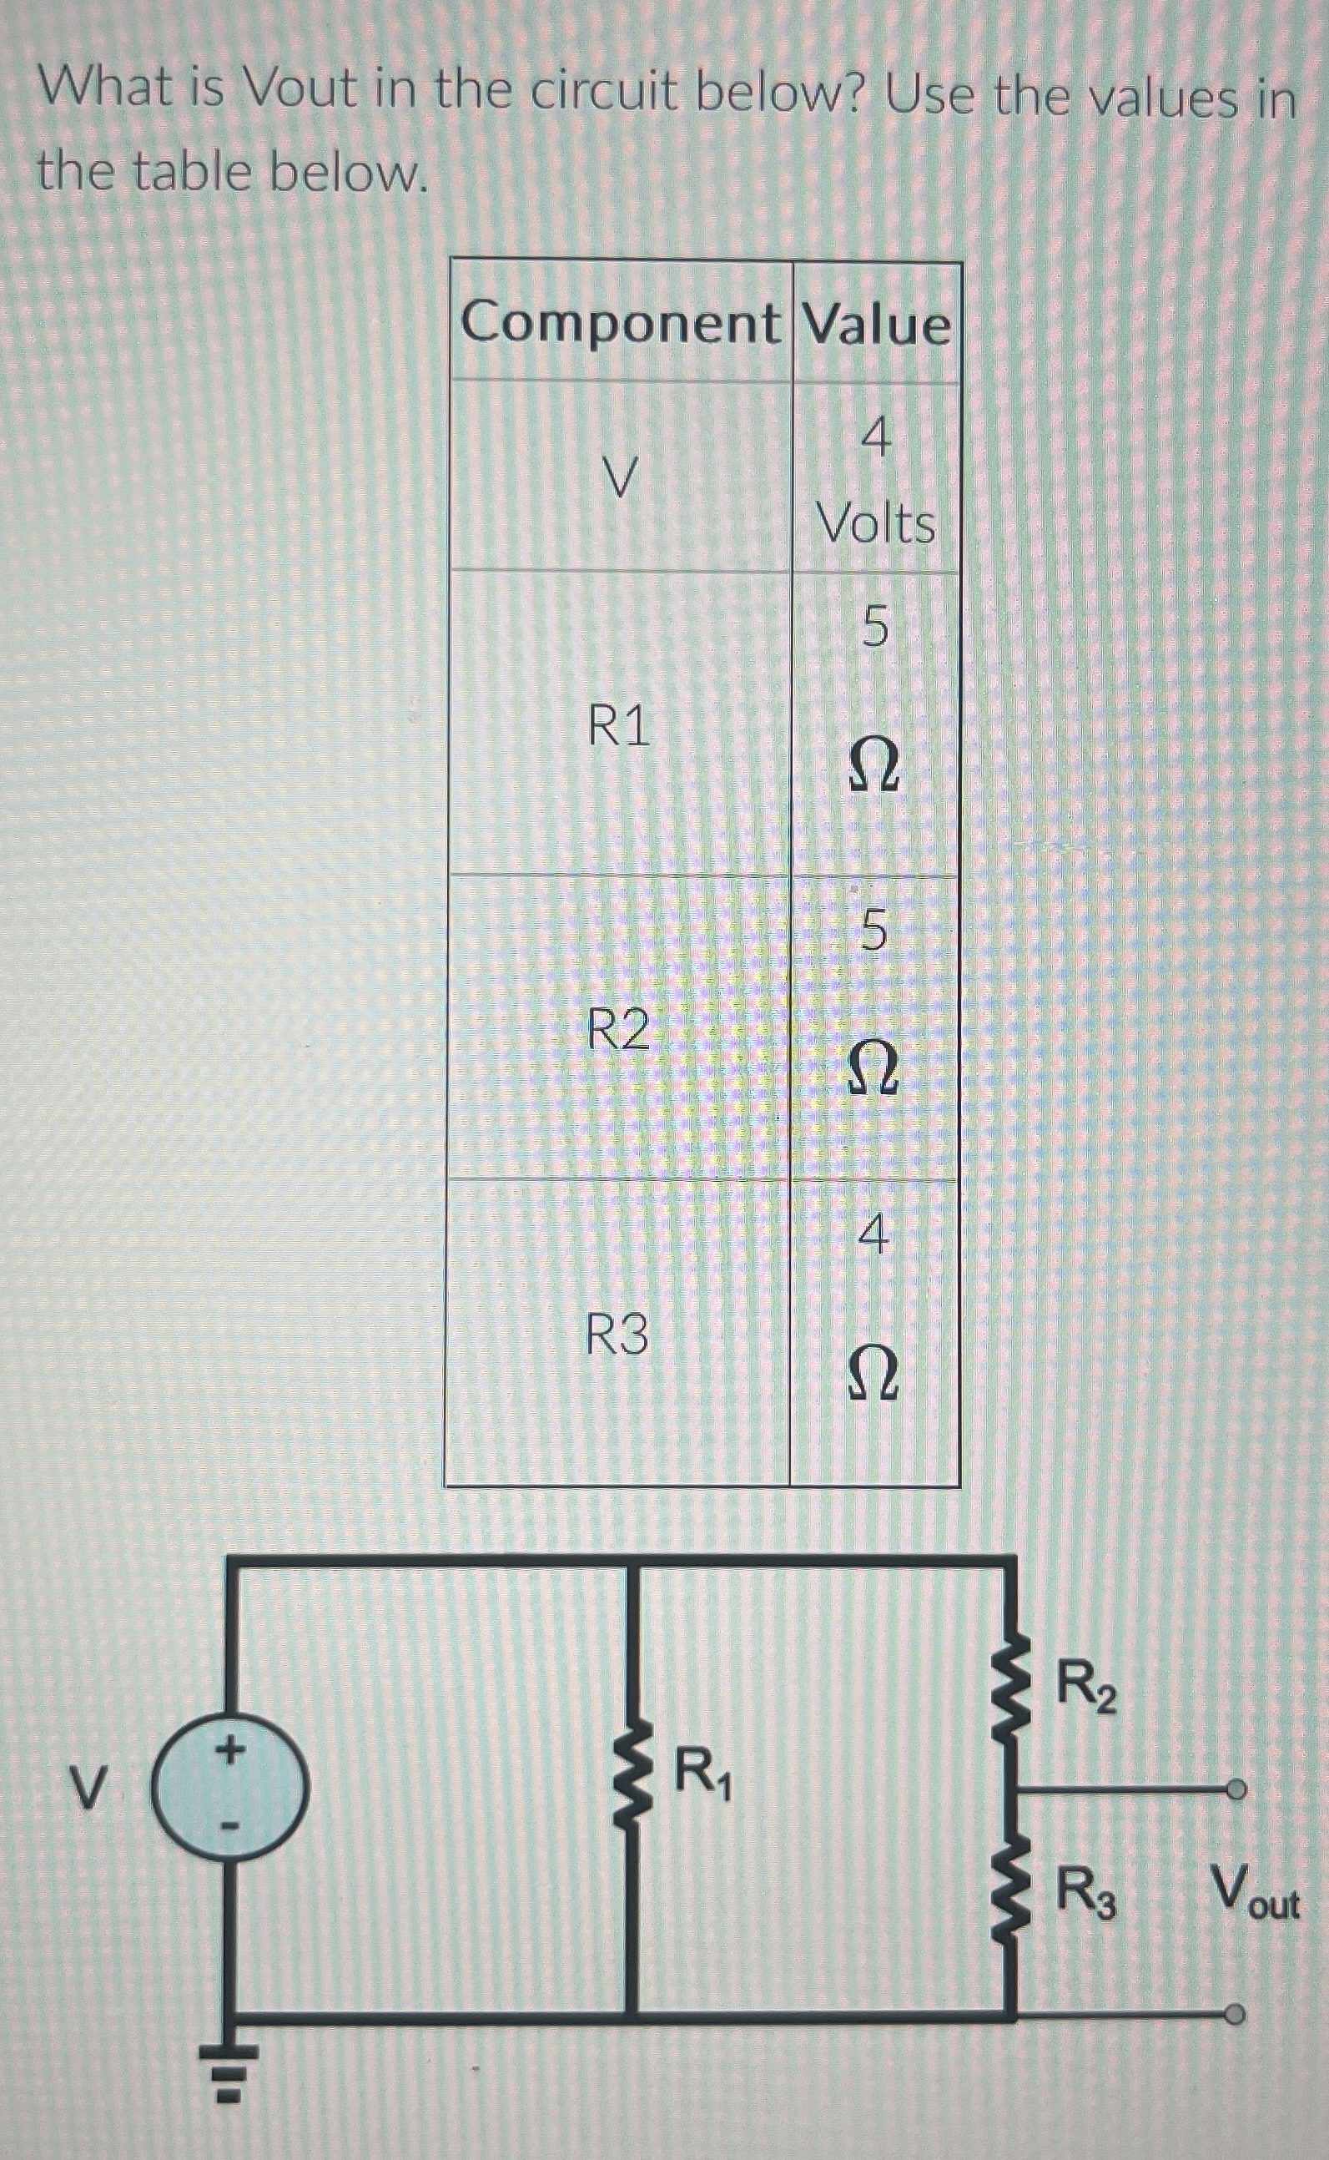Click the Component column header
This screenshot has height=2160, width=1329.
(620, 323)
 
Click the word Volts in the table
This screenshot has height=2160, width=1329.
(876, 525)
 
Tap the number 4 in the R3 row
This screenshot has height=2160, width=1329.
(873, 1237)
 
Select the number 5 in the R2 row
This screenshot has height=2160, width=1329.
(873, 930)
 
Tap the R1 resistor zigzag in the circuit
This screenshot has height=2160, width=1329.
(631, 1787)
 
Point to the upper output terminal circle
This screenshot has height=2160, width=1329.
(1236, 1789)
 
